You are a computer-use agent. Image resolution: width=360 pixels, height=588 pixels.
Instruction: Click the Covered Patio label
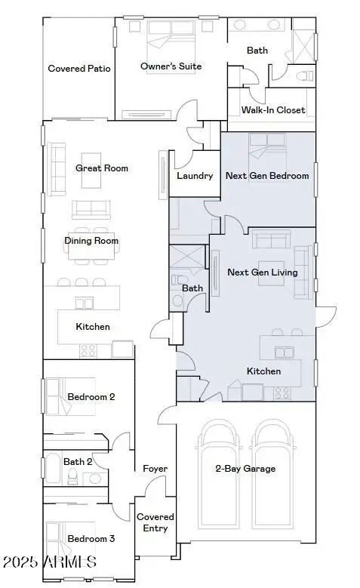[x=79, y=69]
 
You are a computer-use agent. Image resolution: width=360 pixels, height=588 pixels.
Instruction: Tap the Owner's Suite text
[x=171, y=66]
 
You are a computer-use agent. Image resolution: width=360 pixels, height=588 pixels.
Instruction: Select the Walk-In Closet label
[x=273, y=110]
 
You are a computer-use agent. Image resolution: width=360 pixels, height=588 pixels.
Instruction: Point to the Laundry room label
[x=195, y=176]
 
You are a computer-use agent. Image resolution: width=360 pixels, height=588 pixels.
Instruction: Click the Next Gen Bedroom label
[x=267, y=176]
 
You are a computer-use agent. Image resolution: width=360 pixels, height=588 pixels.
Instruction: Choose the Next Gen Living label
[x=263, y=272]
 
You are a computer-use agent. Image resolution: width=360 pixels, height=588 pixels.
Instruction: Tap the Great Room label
[x=102, y=168]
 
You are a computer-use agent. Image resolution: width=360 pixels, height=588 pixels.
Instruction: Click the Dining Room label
[x=91, y=242]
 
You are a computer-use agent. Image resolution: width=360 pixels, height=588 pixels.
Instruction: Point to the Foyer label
[x=155, y=469]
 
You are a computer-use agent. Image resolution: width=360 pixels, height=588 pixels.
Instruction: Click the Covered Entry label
[x=155, y=522]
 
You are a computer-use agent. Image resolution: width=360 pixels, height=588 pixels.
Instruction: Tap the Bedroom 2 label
[x=91, y=397]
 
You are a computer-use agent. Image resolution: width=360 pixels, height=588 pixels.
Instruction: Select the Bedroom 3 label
[x=91, y=539]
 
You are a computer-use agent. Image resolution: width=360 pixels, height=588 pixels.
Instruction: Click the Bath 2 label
[x=78, y=462]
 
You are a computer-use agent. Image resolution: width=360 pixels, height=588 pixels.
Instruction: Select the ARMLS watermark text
[x=50, y=562]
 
